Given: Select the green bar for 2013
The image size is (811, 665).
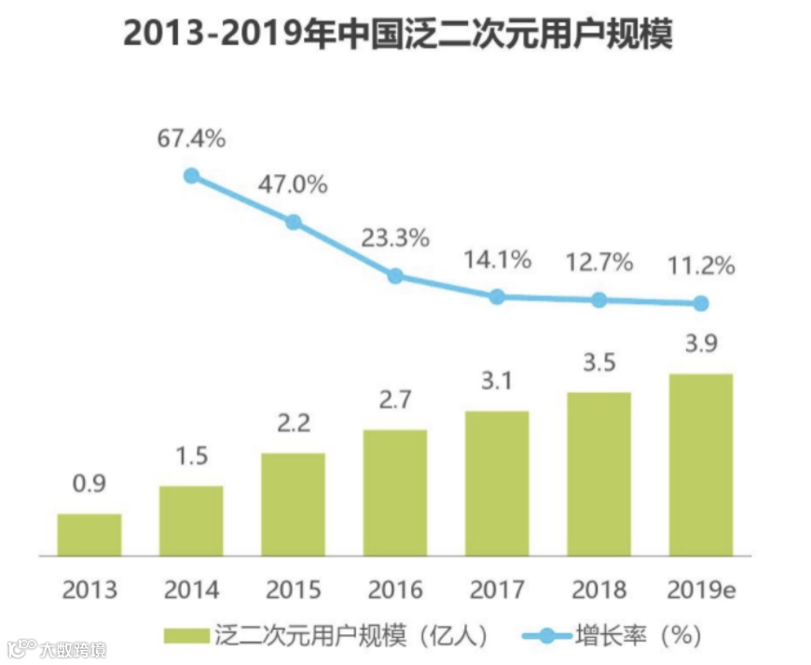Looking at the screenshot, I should coord(89,535).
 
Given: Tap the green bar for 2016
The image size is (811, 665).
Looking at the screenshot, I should coord(395,493).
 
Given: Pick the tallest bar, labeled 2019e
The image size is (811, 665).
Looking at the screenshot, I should coord(701,465).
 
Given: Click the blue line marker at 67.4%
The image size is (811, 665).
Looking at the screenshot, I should coord(191,175).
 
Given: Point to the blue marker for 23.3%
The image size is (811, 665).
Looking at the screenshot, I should coord(395,276).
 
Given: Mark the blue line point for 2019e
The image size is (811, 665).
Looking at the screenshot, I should coord(701,304).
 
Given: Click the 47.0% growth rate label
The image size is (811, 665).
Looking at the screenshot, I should coord(293,184).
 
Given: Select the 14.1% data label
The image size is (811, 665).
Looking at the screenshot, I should coord(497,260).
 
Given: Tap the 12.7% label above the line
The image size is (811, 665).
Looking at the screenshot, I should coord(599,263).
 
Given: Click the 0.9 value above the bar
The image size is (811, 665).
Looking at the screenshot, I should coord(89,484).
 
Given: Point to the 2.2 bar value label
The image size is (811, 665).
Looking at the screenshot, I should coord(293,424).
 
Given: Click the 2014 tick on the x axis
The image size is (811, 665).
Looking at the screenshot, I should coord(191,590).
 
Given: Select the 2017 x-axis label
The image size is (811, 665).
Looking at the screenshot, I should coord(497,590).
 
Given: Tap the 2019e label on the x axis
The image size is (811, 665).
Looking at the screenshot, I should coord(701,590).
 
